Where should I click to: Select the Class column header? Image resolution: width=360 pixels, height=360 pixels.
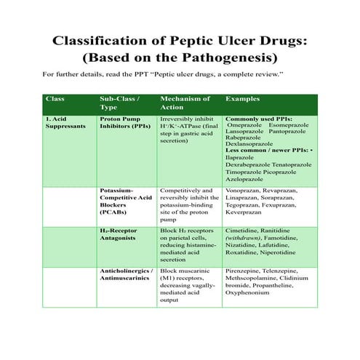55,98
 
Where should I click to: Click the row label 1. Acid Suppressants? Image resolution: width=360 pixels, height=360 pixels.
66,121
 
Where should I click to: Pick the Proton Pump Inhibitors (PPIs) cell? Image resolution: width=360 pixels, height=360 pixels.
124,121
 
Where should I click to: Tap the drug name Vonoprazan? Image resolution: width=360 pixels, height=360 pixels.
243,190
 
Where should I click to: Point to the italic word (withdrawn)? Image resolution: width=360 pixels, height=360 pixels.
247,238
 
